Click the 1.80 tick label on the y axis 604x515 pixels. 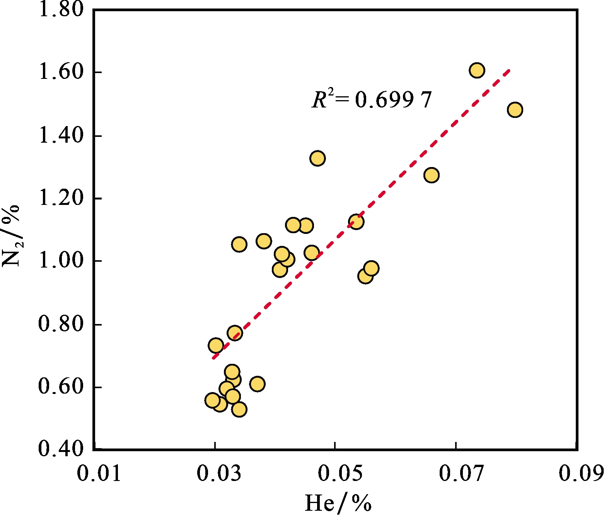(61, 9)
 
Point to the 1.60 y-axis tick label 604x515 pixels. (61, 72)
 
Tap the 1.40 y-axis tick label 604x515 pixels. (61, 136)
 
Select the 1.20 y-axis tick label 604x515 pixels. (61, 198)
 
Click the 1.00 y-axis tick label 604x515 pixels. (61, 261)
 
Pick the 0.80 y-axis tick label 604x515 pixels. (61, 324)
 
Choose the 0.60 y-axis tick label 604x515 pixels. (61, 387)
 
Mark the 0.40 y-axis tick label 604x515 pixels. (61, 449)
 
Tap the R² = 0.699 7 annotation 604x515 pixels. (371, 100)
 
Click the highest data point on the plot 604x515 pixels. (477, 70)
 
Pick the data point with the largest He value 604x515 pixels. (515, 110)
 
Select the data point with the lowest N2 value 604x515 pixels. (239, 409)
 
